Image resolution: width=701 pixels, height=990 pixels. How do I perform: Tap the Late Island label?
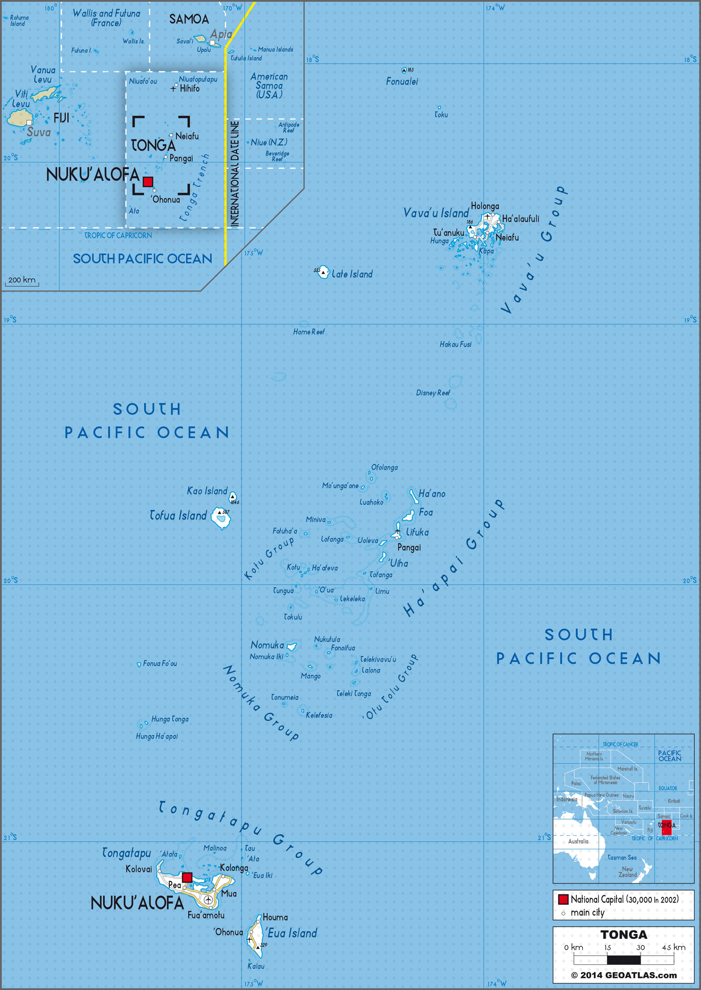pyautogui.click(x=352, y=274)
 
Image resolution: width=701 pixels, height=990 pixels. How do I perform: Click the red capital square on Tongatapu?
pyautogui.click(x=187, y=877)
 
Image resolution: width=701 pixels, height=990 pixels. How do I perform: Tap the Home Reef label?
pyautogui.click(x=309, y=332)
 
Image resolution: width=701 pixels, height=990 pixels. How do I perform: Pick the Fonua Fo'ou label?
pyautogui.click(x=160, y=664)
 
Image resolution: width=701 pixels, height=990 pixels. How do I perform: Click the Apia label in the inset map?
pyautogui.click(x=221, y=34)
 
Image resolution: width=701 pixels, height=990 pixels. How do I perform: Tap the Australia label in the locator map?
pyautogui.click(x=578, y=841)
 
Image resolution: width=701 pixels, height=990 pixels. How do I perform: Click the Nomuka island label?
pyautogui.click(x=267, y=645)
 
